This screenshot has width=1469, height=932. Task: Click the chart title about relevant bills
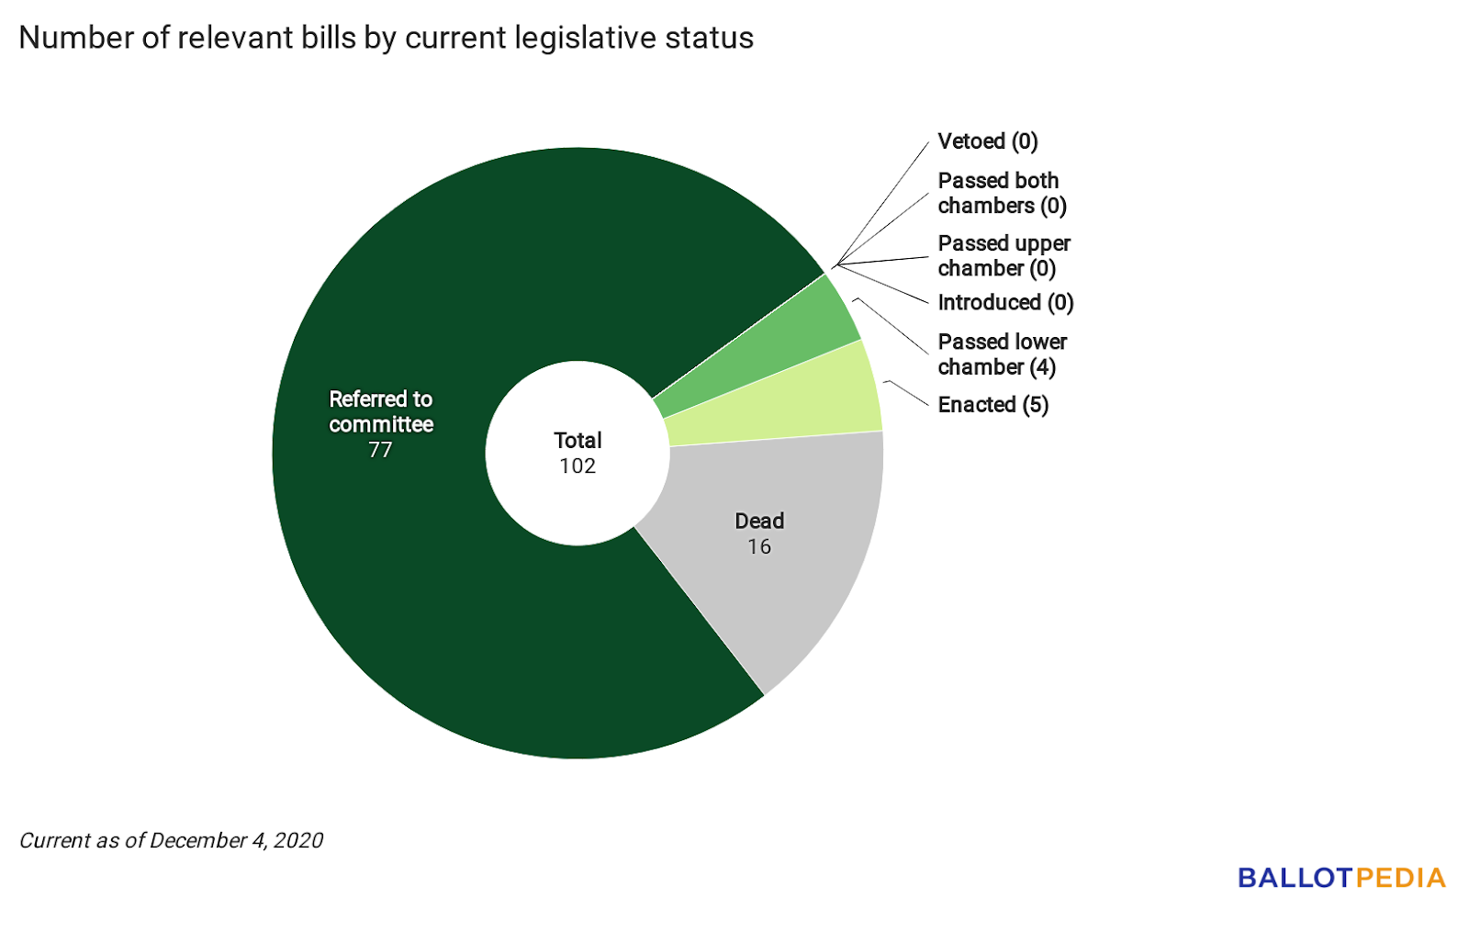click(x=386, y=39)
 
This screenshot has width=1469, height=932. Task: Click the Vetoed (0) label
click(x=987, y=141)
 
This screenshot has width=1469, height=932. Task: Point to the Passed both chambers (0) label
click(x=1001, y=193)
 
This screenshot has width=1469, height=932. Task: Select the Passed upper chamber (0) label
click(x=1003, y=256)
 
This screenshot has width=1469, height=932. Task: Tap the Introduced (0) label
click(x=1005, y=302)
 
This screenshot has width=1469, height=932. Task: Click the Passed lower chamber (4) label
click(x=1001, y=354)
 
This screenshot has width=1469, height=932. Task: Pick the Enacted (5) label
click(x=992, y=405)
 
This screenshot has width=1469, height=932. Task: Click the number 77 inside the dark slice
click(x=380, y=450)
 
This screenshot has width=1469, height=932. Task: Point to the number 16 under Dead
click(x=759, y=547)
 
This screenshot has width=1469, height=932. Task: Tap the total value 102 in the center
click(x=578, y=466)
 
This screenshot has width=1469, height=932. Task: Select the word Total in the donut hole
click(x=578, y=441)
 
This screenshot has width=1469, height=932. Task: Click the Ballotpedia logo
click(x=1341, y=878)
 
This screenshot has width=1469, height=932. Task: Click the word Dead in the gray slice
click(x=759, y=522)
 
